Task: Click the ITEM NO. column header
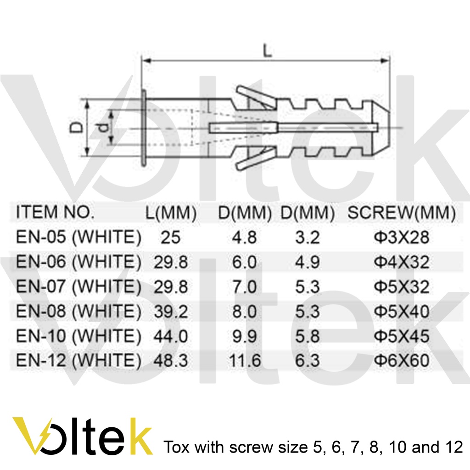(55, 212)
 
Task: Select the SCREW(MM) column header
(401, 213)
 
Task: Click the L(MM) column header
(171, 213)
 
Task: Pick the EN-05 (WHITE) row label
(78, 237)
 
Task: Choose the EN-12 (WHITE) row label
(78, 360)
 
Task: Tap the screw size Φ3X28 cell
(402, 237)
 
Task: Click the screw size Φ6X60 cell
(402, 360)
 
